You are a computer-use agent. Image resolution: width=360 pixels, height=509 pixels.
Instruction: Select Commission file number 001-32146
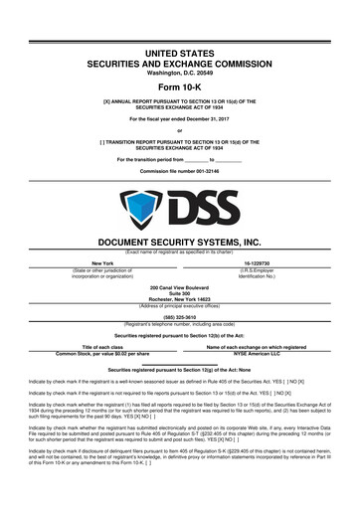pos(180,170)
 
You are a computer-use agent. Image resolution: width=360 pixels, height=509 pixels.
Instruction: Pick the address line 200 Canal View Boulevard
pos(180,283)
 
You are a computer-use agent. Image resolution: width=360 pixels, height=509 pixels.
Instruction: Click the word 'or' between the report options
pos(180,132)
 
